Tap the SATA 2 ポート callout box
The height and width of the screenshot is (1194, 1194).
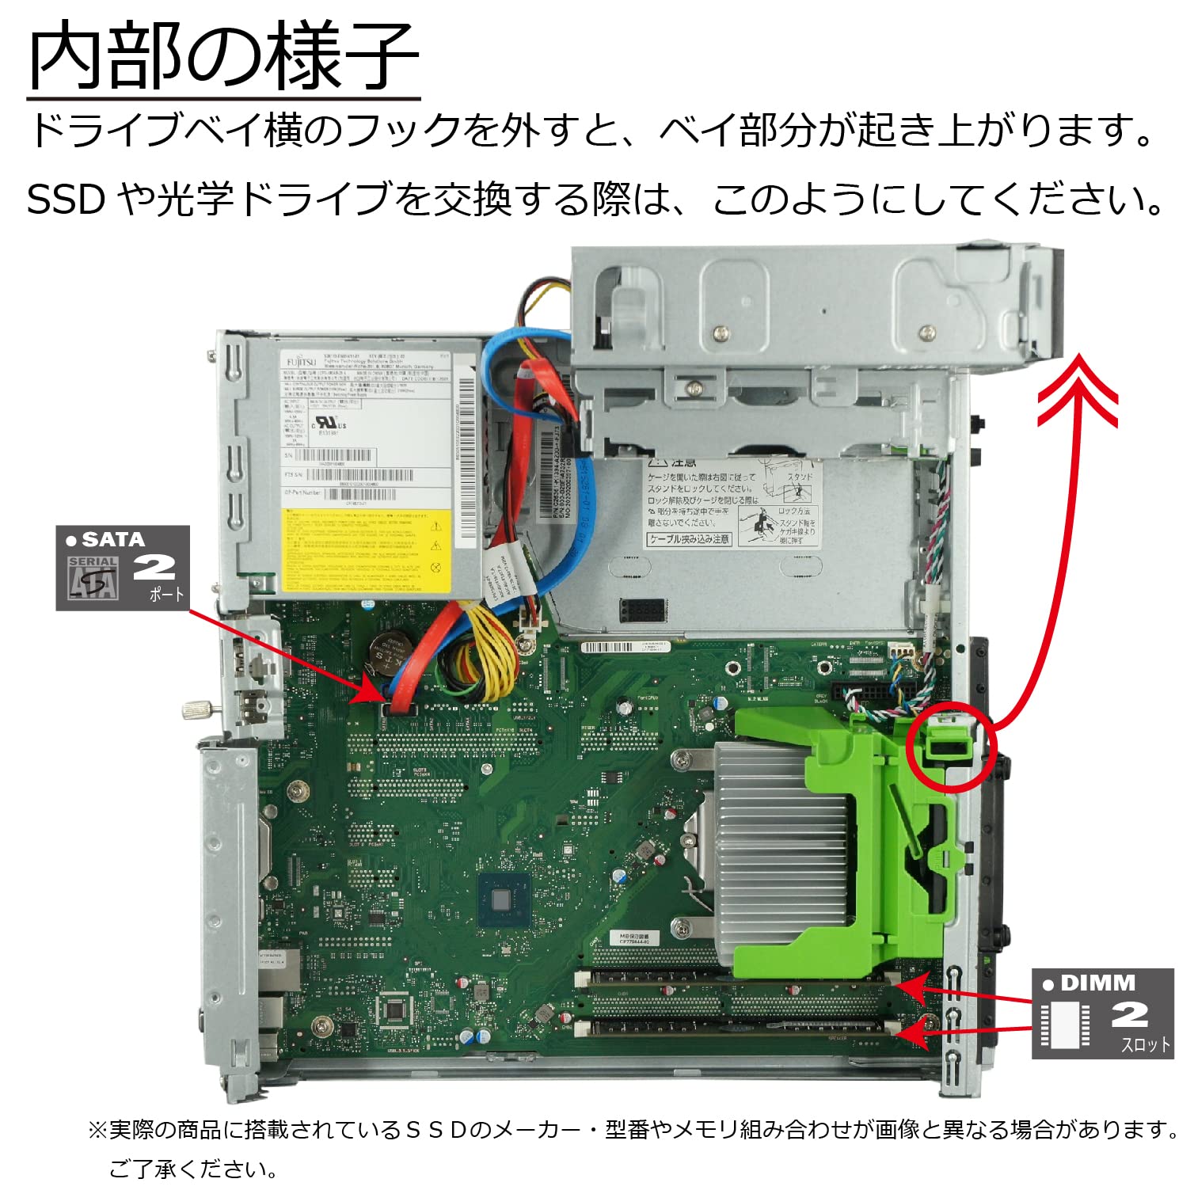click(x=123, y=568)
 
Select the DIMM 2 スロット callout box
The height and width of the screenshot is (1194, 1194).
click(x=1102, y=1013)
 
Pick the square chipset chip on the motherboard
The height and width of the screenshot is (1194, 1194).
click(x=500, y=899)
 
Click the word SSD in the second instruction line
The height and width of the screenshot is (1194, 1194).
click(x=65, y=200)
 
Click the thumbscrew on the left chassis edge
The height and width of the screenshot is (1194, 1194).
click(x=196, y=709)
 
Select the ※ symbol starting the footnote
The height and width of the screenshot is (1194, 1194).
click(x=97, y=1130)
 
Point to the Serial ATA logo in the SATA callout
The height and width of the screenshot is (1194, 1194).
click(x=93, y=578)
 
